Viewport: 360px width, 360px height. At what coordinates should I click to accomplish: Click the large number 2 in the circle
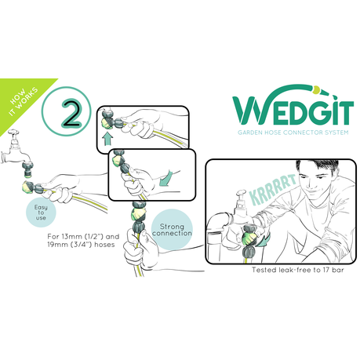click(71, 115)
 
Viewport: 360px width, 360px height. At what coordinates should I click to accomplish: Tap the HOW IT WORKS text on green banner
click(23, 102)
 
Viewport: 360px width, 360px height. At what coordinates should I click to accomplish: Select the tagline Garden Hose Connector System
click(293, 133)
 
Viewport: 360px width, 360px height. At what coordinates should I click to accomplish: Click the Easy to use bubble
click(41, 213)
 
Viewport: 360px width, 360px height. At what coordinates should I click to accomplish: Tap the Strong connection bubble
click(172, 230)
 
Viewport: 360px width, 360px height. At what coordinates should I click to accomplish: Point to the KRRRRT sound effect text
click(273, 189)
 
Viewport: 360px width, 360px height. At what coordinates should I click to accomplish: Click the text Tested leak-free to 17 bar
click(298, 270)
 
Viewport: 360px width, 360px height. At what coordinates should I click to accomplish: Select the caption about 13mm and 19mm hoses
click(83, 241)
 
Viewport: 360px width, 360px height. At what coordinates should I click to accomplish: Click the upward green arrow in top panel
click(107, 139)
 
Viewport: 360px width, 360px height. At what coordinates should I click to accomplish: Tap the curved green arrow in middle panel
click(166, 178)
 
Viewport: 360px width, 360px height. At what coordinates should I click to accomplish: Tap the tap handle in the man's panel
click(242, 195)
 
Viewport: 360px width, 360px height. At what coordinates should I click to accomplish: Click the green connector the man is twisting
click(249, 238)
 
